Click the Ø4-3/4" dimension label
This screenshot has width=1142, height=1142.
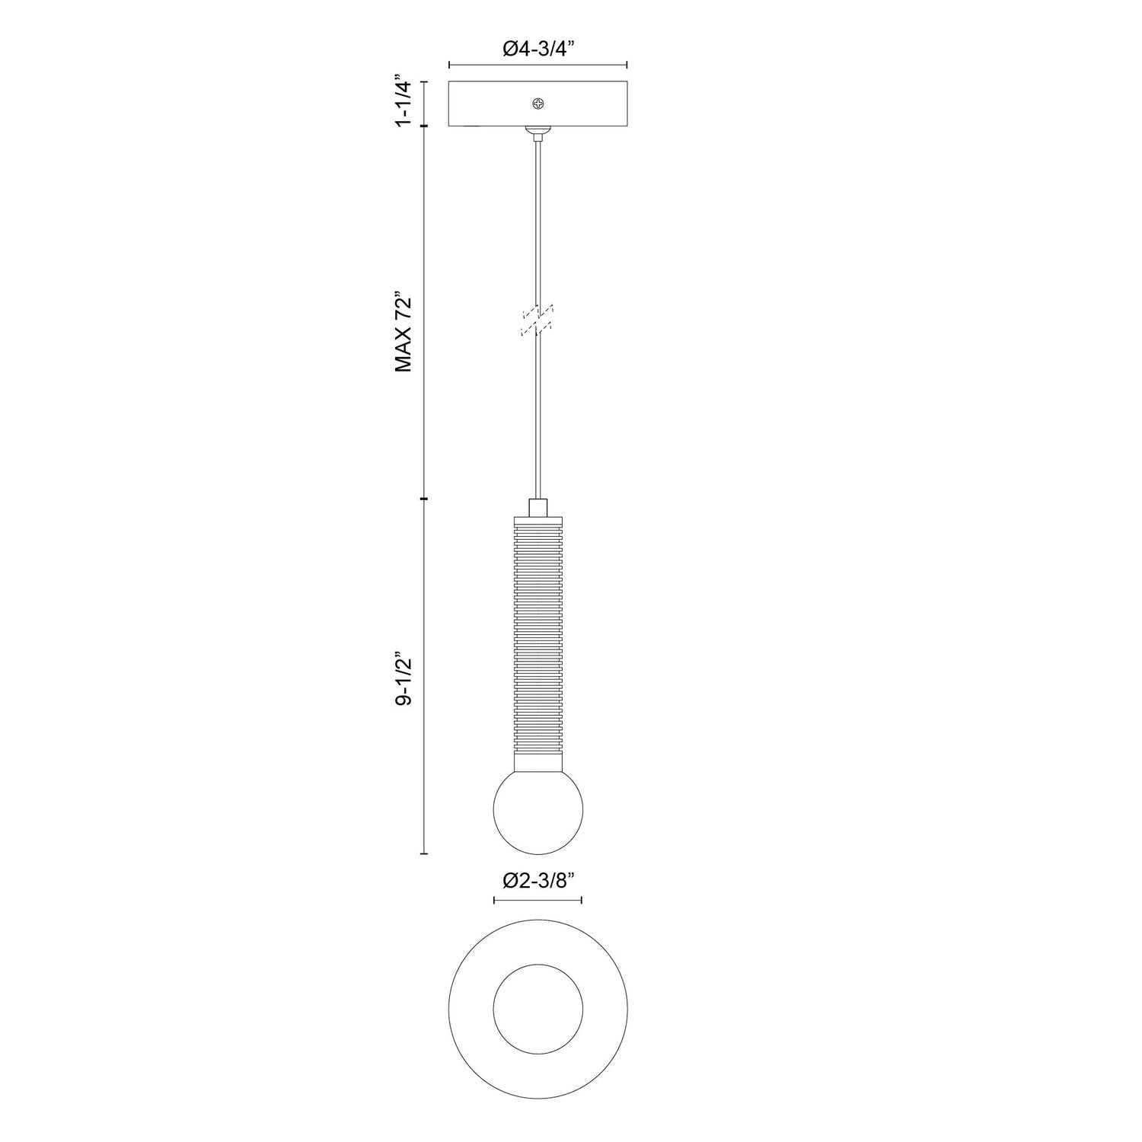[538, 49]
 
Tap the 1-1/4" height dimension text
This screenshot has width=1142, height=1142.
[404, 100]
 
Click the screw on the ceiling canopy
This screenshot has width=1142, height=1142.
[539, 103]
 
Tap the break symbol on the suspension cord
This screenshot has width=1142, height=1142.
[538, 321]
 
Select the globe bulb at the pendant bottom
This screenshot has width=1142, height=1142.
[538, 809]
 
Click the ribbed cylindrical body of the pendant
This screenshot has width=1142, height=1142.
[538, 640]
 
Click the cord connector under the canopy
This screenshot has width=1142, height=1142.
[538, 134]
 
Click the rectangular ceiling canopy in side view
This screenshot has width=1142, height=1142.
[495, 104]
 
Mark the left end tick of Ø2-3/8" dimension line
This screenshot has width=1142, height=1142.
[494, 900]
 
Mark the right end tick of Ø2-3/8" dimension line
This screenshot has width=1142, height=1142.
[582, 900]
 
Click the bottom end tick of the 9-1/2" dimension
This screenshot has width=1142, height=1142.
[424, 853]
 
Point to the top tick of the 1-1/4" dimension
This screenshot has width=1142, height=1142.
[424, 81]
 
